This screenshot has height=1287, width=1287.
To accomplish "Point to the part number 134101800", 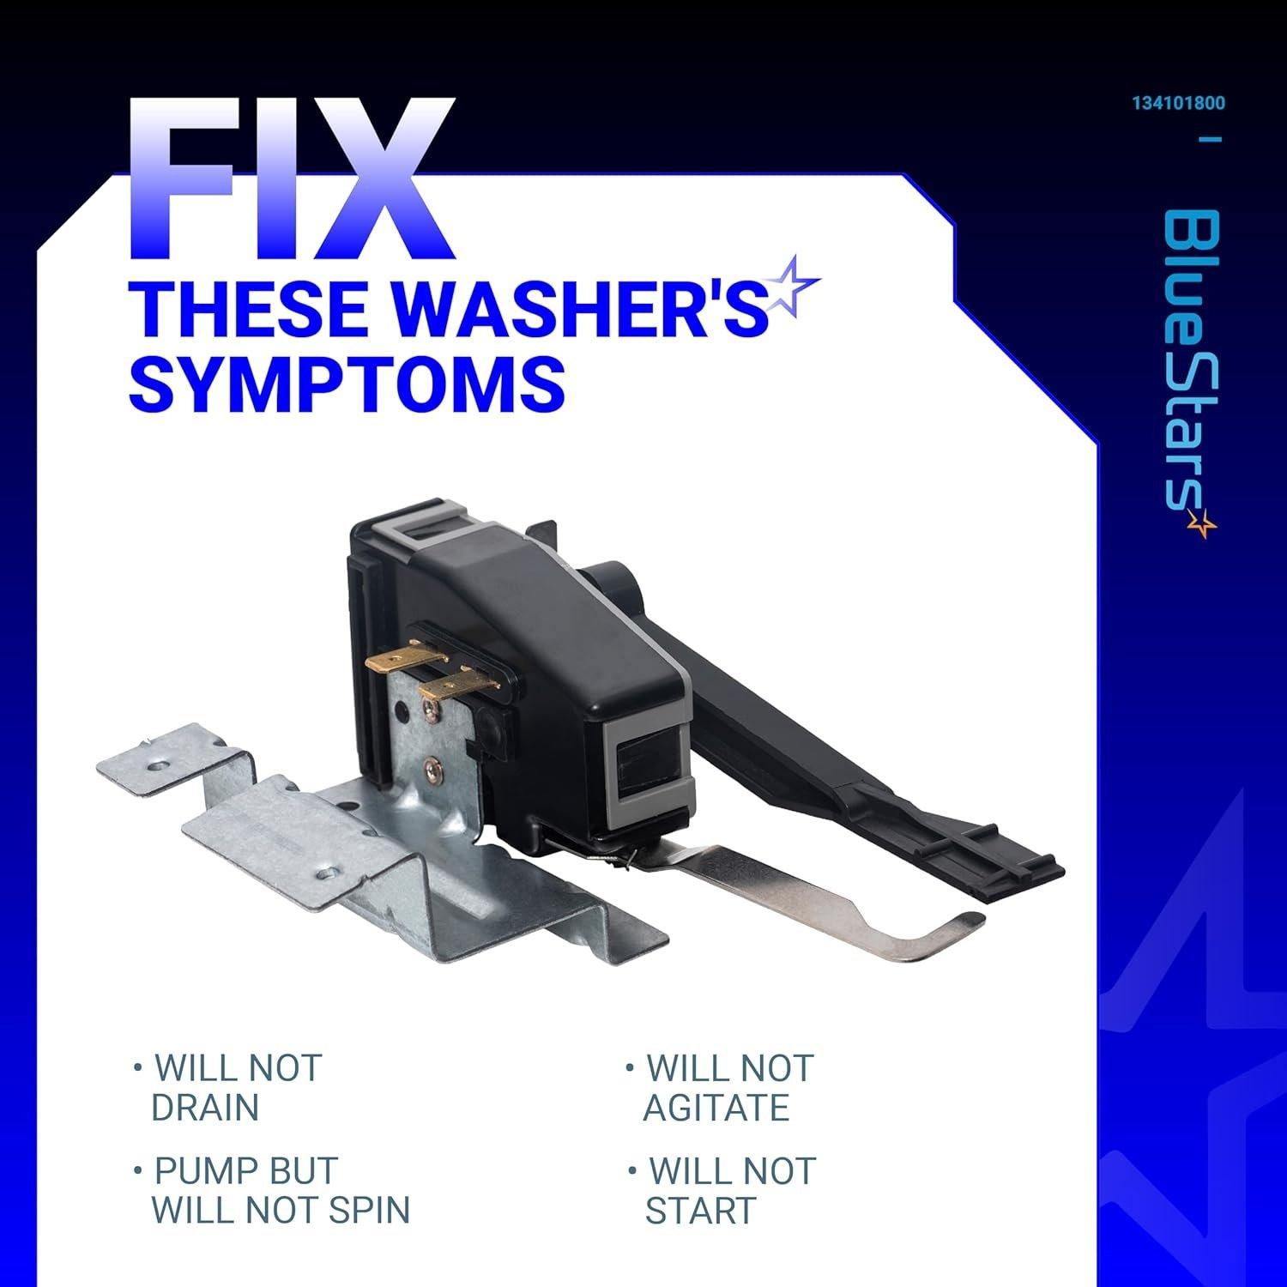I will point(1178,104).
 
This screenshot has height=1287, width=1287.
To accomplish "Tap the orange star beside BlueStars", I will point(1203,523).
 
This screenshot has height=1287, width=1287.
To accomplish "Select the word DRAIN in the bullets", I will point(205,1108).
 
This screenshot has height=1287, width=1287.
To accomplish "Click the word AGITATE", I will point(716,1108).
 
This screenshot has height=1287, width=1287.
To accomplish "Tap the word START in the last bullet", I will point(700,1210).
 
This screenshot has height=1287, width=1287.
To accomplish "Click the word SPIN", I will point(368,1210).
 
